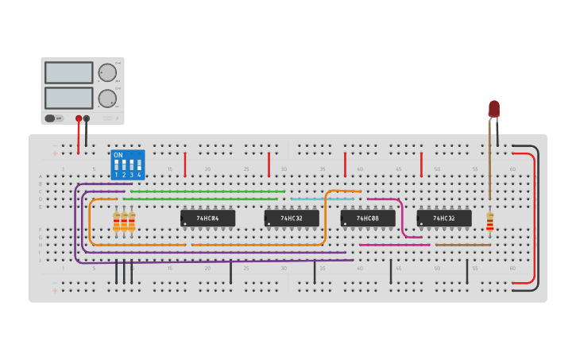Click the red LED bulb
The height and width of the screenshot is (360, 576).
point(494,108)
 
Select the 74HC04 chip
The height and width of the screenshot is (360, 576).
point(207,218)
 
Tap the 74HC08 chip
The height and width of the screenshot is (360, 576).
point(368,218)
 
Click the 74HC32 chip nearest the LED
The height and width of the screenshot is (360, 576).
point(444,218)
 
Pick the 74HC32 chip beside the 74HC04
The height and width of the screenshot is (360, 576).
point(292,218)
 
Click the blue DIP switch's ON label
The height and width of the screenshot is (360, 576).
point(118,155)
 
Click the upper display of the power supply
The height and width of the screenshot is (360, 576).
point(69,72)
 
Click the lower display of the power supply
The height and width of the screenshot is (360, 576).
point(69,98)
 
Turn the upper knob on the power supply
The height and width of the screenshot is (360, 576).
point(106,72)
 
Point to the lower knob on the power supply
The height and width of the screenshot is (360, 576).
point(106,99)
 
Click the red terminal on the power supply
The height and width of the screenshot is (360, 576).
point(79,119)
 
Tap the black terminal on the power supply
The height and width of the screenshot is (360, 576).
point(87,119)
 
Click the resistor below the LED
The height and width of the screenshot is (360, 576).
point(489,222)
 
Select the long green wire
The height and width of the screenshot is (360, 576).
point(207,192)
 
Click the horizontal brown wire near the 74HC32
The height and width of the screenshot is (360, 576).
point(462,245)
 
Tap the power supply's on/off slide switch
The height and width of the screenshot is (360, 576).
point(50,118)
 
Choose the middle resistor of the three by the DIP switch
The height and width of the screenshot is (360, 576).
point(124,222)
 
